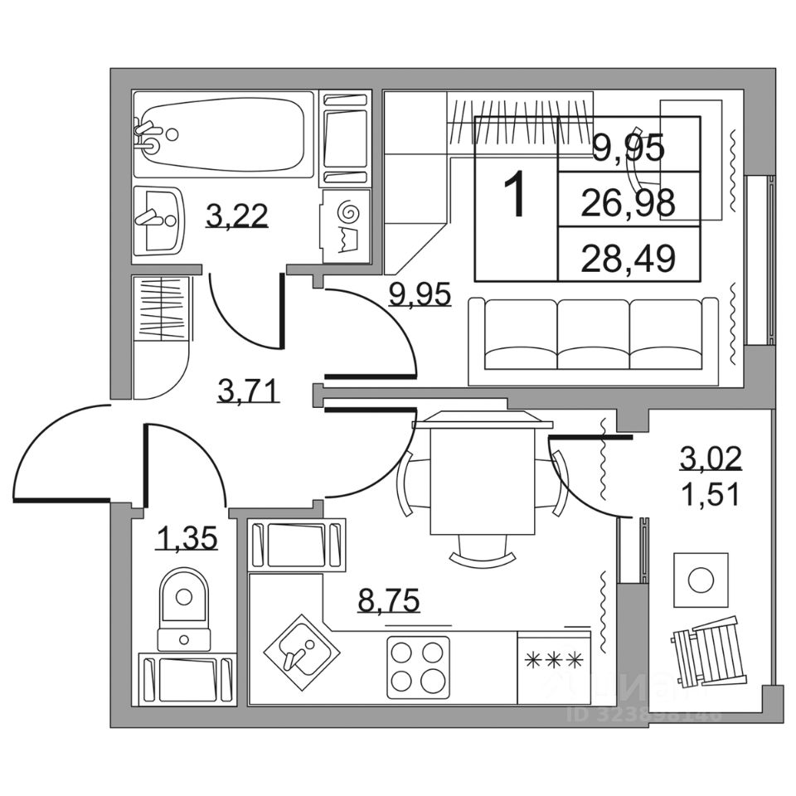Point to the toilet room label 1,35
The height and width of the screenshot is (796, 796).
187,539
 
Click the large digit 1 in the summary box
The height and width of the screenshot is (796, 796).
516,197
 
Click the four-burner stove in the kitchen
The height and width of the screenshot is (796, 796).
418,665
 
